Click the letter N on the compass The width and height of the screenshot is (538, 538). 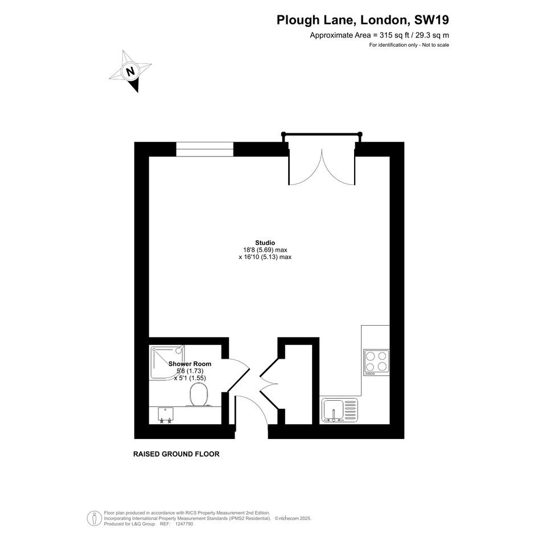130,72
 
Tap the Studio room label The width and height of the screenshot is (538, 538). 265,243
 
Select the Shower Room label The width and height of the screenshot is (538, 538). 190,364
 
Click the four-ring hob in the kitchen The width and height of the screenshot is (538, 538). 377,362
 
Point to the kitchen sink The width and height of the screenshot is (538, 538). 340,410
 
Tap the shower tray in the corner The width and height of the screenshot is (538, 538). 167,362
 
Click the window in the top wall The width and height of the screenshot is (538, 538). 205,149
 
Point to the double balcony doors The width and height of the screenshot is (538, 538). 322,167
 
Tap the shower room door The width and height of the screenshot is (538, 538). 237,375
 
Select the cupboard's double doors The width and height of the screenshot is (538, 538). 268,383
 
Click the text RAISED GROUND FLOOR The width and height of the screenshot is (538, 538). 176,454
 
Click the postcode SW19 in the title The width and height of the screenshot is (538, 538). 432,20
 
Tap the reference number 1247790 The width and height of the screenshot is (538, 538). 184,524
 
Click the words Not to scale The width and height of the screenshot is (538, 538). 436,45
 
